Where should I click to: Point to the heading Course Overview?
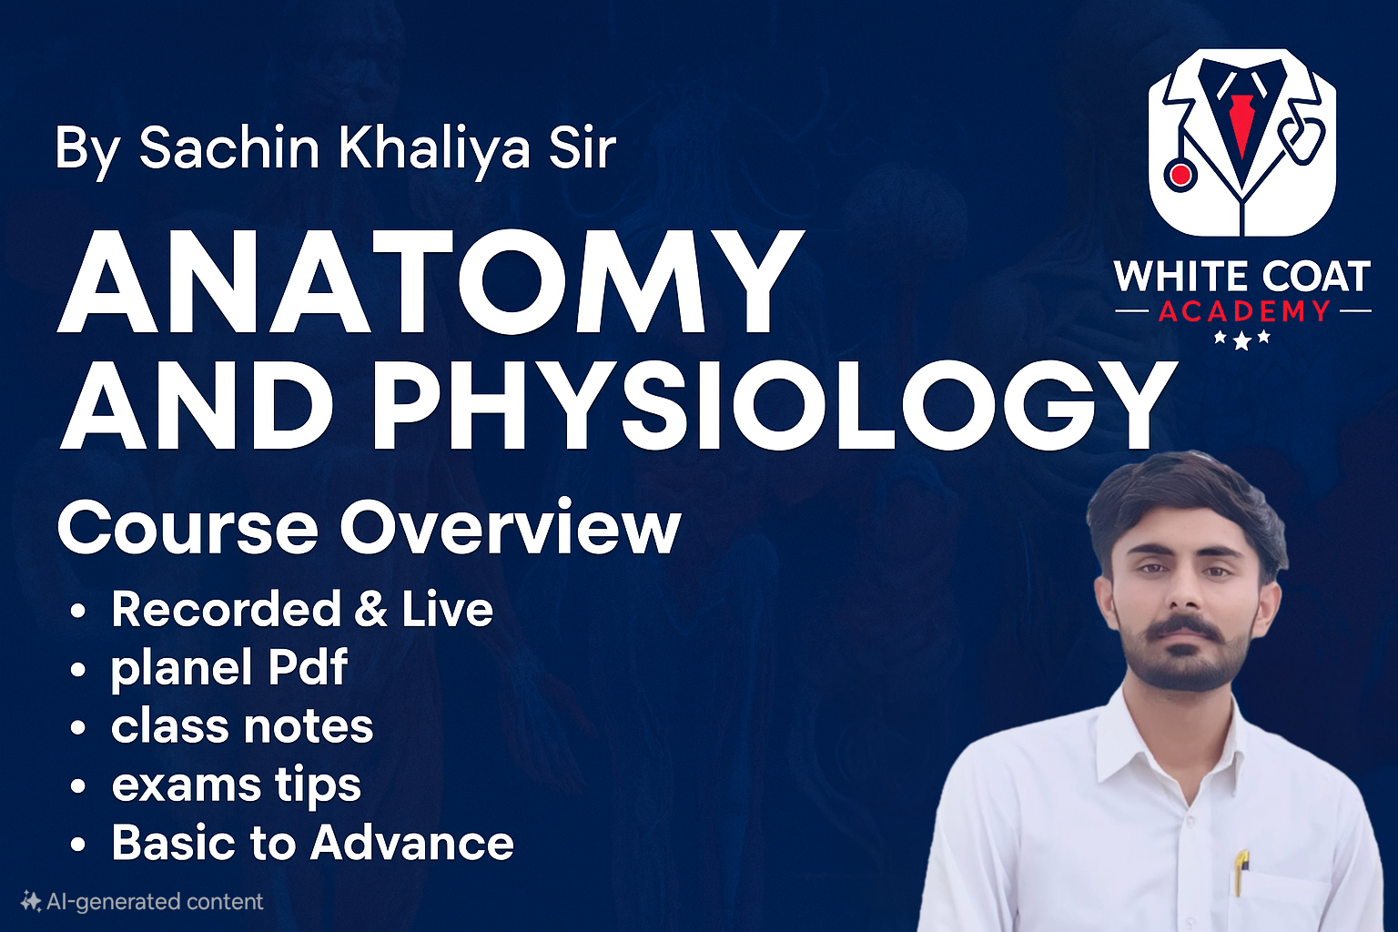pos(369,528)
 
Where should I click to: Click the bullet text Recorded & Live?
pos(301,609)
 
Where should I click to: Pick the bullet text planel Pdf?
pos(228,667)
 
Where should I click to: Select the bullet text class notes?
pos(242,726)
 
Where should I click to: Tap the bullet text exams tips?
pos(236,785)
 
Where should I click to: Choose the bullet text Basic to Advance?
pos(312,843)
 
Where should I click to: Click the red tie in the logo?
pos(1240,123)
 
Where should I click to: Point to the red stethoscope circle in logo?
pos(1180,175)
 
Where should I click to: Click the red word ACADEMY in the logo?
pos(1243,312)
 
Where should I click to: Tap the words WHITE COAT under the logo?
pos(1242,277)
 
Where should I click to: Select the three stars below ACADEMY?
pos(1241,340)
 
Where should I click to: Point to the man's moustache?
pos(1182,630)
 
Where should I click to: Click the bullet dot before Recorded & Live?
pos(78,610)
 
